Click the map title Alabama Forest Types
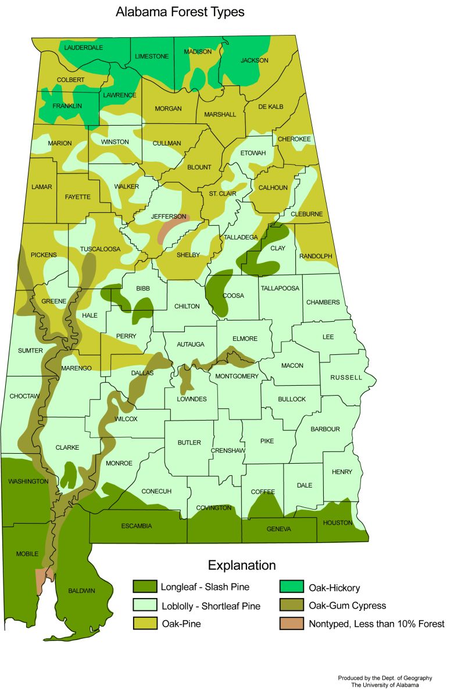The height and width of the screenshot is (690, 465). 180,12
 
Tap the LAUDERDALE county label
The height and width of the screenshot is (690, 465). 84,47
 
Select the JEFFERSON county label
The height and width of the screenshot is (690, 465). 169,216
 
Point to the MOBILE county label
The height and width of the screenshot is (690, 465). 27,553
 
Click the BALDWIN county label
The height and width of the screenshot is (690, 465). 81,591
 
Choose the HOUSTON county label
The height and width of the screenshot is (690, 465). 338,522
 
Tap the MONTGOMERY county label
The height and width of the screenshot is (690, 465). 237,376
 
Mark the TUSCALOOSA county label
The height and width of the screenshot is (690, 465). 100,249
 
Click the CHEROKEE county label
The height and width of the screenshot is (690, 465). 294,139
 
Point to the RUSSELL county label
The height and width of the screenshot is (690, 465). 346,378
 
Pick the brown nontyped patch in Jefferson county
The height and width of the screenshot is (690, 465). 172,229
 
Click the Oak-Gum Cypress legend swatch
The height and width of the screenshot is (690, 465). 292,606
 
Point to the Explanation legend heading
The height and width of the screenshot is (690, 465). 242,565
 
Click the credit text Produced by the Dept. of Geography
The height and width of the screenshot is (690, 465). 385,678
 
